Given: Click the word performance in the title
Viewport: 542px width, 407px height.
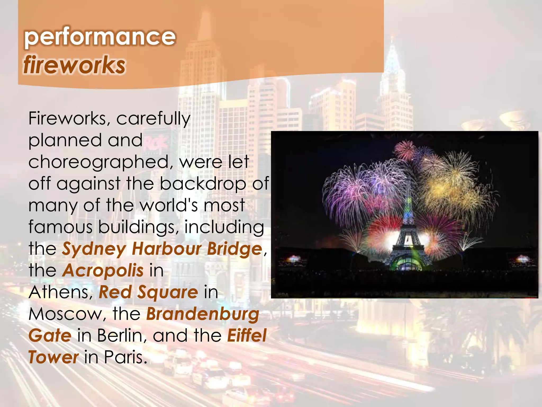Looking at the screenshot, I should (x=100, y=37).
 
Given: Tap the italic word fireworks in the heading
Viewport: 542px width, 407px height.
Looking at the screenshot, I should (x=74, y=65).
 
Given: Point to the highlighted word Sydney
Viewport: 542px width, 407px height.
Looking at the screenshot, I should (x=94, y=250).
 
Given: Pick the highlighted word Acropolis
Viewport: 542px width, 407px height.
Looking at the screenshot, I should (x=103, y=271).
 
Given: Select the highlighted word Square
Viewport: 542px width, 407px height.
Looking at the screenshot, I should (x=168, y=293).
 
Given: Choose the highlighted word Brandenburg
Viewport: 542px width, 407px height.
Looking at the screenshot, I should (x=203, y=315).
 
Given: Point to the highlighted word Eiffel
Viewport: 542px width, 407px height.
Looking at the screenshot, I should (x=247, y=336).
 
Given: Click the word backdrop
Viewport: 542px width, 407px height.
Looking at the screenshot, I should (x=203, y=184).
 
